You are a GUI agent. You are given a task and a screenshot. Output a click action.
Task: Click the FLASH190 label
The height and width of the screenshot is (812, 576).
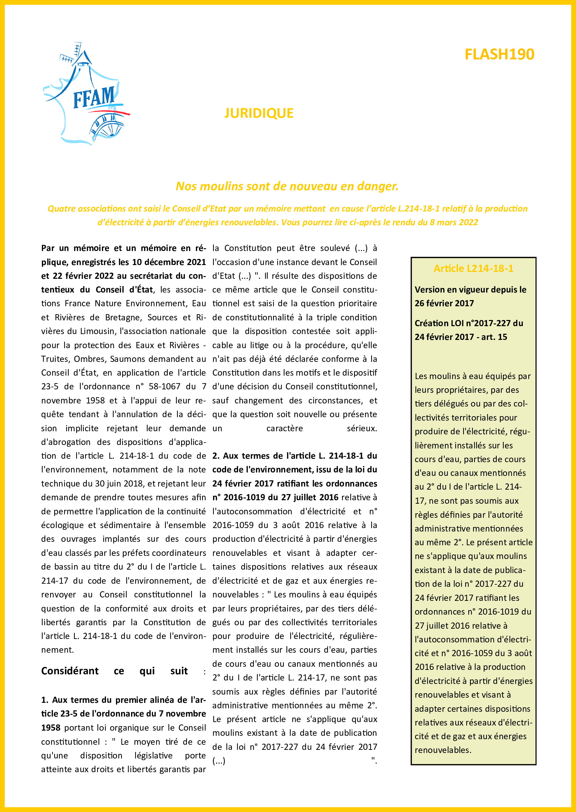tap(499, 54)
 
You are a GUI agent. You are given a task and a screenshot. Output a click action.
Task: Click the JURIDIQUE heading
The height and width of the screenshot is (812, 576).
tap(259, 113)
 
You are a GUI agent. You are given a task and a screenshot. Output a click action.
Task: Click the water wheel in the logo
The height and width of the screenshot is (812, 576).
tap(106, 127)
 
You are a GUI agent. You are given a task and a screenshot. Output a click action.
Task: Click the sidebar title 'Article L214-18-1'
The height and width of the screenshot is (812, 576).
tap(473, 268)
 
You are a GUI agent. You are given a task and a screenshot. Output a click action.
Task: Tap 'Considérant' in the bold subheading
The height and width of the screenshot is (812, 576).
tap(70, 671)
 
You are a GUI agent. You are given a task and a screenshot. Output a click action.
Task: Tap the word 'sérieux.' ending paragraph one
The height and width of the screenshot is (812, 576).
tap(362, 428)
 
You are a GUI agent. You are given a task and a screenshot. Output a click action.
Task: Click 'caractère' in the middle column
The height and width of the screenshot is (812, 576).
tap(284, 428)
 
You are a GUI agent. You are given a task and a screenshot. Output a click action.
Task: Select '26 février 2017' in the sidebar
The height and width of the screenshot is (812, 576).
tap(444, 304)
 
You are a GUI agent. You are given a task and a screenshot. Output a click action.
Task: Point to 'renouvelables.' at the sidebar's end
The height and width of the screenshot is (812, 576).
tap(443, 750)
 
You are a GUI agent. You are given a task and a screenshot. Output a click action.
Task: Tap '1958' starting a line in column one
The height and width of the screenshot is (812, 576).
tap(51, 728)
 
